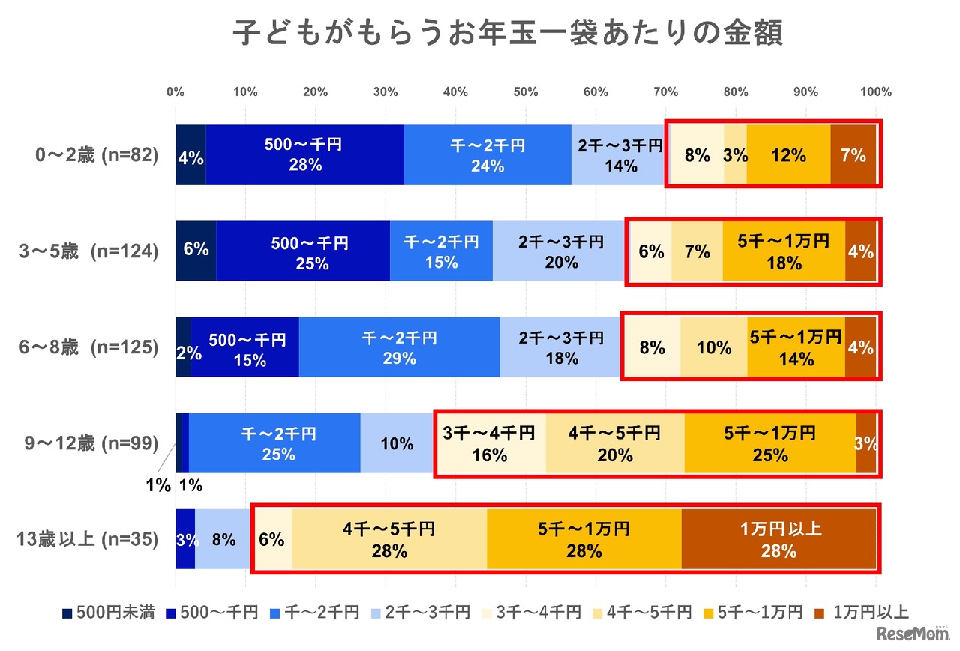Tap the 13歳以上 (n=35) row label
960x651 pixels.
(x=88, y=539)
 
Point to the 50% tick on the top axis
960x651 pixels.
(x=526, y=92)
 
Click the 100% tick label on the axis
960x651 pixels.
(x=876, y=92)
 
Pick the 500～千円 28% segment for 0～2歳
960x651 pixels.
(x=304, y=154)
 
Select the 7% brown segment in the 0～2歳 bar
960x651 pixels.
(x=853, y=155)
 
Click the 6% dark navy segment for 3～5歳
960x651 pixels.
(x=196, y=250)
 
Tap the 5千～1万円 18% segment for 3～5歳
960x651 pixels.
(x=784, y=251)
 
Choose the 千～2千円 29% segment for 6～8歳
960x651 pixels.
(x=399, y=347)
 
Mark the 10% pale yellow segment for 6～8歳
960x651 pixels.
(x=713, y=347)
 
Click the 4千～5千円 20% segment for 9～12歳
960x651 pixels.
(x=614, y=443)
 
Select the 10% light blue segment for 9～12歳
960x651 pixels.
(x=396, y=443)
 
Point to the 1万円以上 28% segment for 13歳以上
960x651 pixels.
(x=778, y=540)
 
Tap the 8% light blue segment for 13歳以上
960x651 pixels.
(x=223, y=540)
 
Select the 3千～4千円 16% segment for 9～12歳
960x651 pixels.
(x=490, y=443)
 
